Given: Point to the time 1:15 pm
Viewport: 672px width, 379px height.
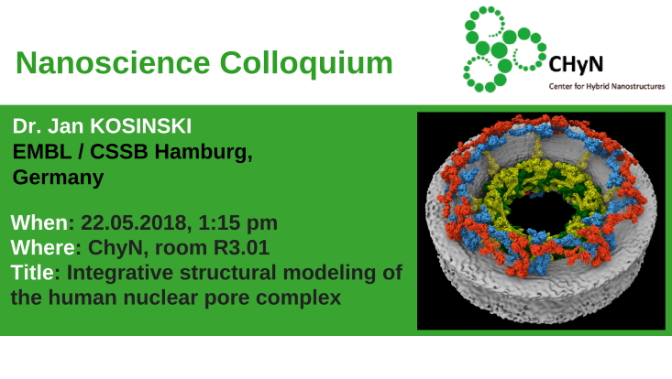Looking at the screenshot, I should (x=244, y=222).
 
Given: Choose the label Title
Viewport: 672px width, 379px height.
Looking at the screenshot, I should (x=33, y=272).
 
